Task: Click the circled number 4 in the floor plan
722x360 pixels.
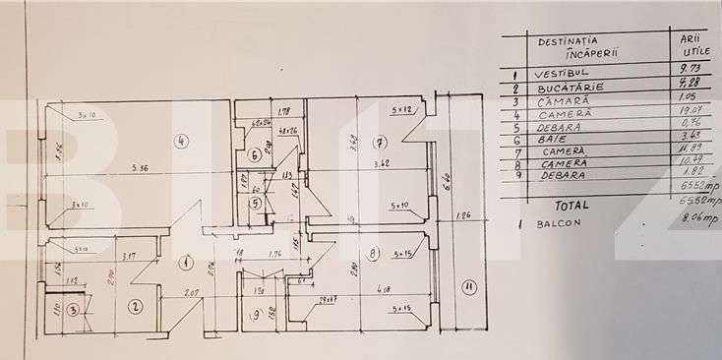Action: pyautogui.click(x=181, y=141)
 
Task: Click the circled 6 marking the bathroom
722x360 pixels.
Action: pyautogui.click(x=254, y=154)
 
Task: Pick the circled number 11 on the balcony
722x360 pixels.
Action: pyautogui.click(x=468, y=288)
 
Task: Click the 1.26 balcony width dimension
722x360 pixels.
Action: pyautogui.click(x=464, y=214)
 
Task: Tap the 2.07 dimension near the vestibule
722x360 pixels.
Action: pyautogui.click(x=192, y=293)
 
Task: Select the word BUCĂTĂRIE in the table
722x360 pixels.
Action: pyautogui.click(x=567, y=88)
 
